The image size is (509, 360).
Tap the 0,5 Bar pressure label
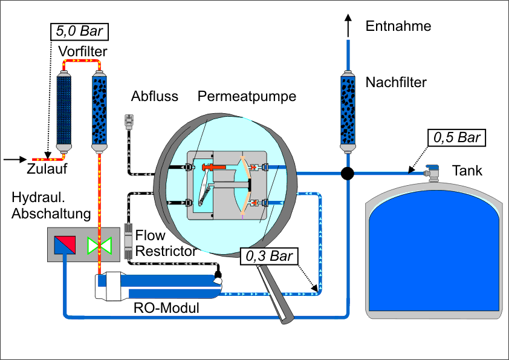point(457,137)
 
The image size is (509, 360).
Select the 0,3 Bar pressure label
point(268,256)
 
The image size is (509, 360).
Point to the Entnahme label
point(398,26)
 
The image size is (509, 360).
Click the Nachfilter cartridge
point(348,111)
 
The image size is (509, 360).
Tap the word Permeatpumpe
point(247,97)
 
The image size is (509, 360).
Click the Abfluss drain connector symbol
point(128,121)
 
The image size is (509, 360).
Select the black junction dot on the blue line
point(348,174)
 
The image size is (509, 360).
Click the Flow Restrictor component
point(128,239)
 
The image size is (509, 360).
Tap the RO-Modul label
point(166,308)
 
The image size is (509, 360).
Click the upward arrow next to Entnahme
point(348,25)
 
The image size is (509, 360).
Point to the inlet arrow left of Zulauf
point(13,160)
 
